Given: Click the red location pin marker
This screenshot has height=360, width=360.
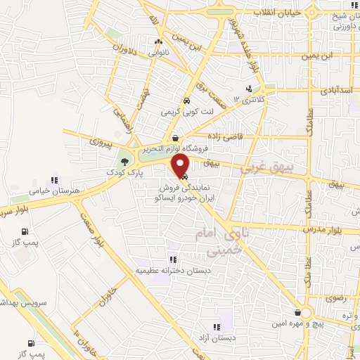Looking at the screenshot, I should tap(181, 166).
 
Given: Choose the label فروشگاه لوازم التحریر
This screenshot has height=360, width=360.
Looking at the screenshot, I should tap(174, 149).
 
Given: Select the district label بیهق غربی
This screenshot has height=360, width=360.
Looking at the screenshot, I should tap(266, 167).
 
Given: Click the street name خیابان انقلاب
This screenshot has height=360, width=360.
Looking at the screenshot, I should tap(300, 12).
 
